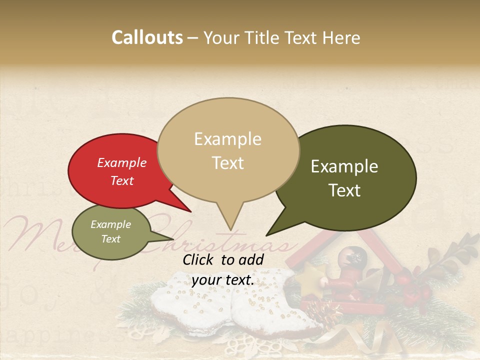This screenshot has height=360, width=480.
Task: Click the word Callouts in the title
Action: coord(147,37)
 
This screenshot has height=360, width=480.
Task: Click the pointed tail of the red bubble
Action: coord(190,211)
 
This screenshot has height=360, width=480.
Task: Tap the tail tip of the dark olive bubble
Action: coord(266,235)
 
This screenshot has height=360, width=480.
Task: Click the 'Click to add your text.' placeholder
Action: coord(223,269)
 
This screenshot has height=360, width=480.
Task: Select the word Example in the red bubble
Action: coord(122,163)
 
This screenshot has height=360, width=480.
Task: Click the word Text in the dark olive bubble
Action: coord(345,190)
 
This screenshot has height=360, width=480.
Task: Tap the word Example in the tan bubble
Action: coord(227,139)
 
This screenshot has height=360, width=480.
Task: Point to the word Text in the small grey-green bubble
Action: coord(111,239)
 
